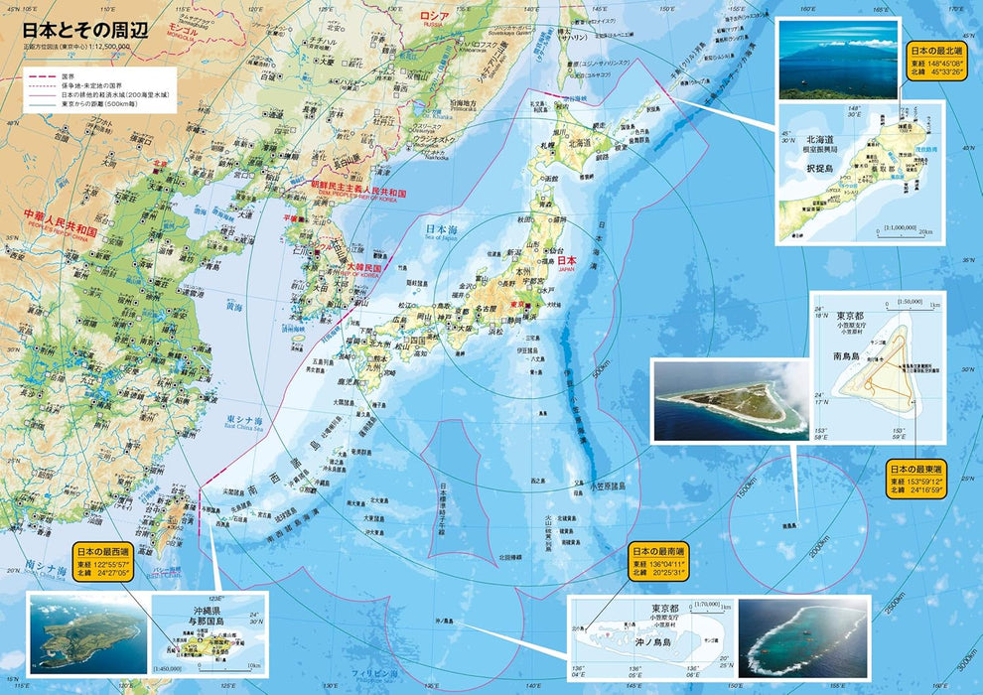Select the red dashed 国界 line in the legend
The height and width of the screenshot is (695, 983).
click(x=41, y=74)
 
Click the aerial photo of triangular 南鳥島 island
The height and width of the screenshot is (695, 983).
click(x=729, y=401)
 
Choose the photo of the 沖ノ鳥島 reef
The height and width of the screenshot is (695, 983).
click(x=802, y=637)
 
